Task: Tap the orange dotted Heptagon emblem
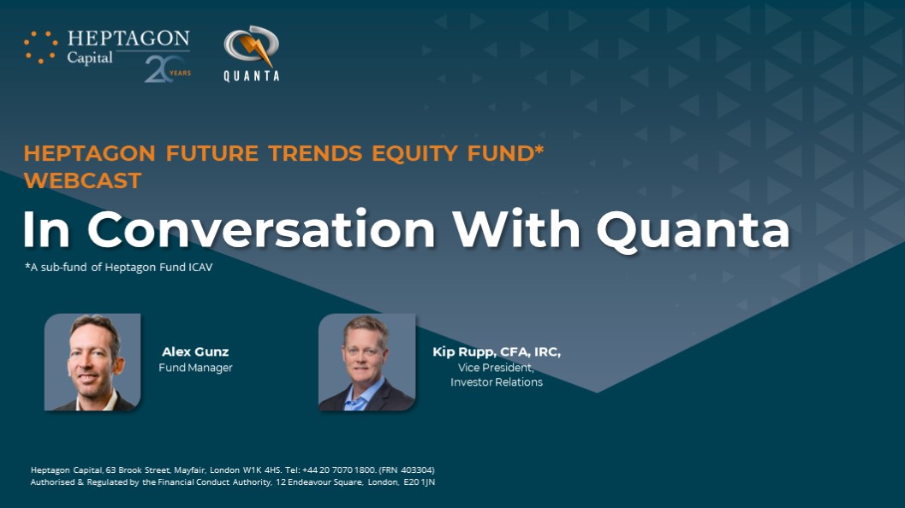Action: coord(40,47)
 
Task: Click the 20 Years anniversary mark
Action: coord(167,69)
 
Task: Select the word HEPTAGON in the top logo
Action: coord(128,38)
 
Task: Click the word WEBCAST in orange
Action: coord(82,180)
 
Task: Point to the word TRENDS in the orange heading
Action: coord(315,153)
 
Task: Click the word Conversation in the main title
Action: coord(261,229)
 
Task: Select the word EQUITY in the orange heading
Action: coord(414,153)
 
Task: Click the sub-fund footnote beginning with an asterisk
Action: coord(119,267)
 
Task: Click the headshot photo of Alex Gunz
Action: coord(92,362)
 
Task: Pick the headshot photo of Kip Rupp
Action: coord(366,362)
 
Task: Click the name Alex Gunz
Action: coord(195,351)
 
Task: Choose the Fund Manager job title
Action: coord(196,367)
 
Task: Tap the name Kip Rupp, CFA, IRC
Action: coord(497,351)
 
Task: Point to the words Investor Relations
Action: coord(497,381)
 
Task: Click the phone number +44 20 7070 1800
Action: coord(339,470)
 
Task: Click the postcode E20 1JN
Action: coord(420,482)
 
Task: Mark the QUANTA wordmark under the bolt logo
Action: coord(252,75)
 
